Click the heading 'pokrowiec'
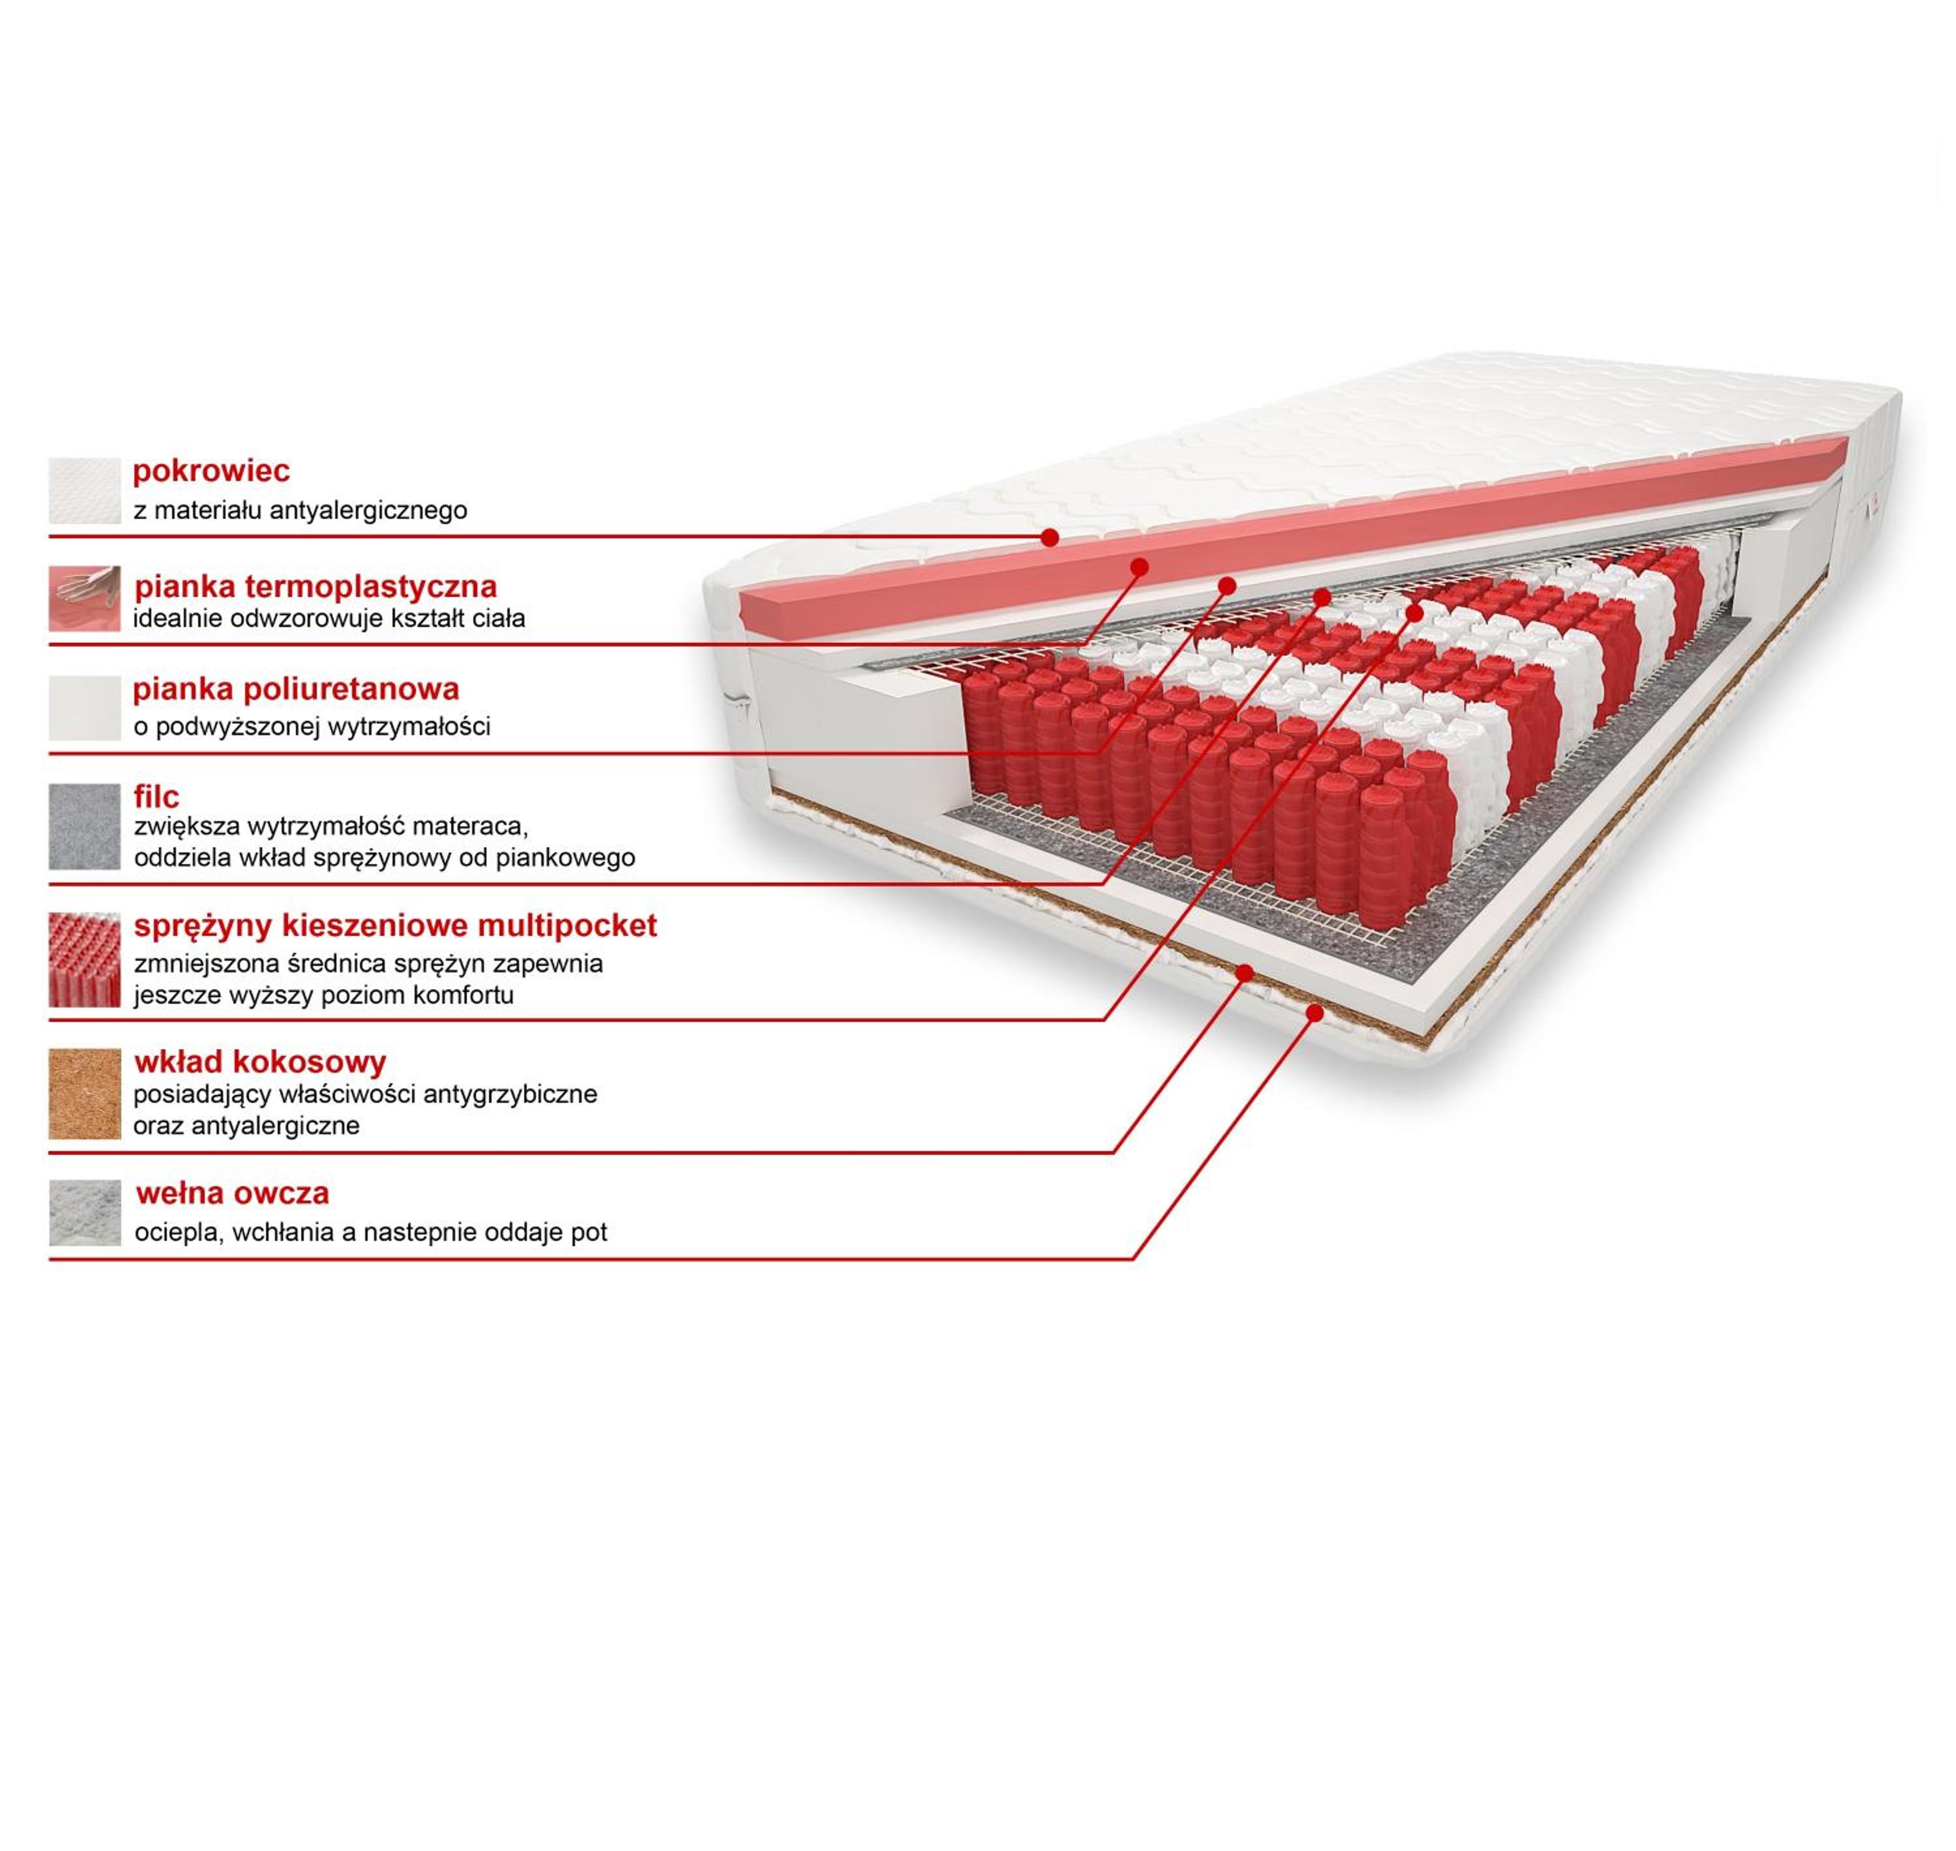pyautogui.click(x=211, y=472)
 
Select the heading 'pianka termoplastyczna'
pyautogui.click(x=316, y=587)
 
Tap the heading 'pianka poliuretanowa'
pyautogui.click(x=296, y=689)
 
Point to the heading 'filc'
pyautogui.click(x=157, y=796)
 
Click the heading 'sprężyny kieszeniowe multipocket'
pyautogui.click(x=396, y=927)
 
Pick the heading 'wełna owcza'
pyautogui.click(x=233, y=1194)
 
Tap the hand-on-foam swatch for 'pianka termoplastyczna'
pyautogui.click(x=85, y=599)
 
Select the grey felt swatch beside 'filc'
pyautogui.click(x=85, y=827)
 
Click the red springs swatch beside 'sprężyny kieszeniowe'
pyautogui.click(x=85, y=960)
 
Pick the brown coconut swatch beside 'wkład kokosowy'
pyautogui.click(x=85, y=1094)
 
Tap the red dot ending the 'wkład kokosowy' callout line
pyautogui.click(x=1245, y=974)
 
